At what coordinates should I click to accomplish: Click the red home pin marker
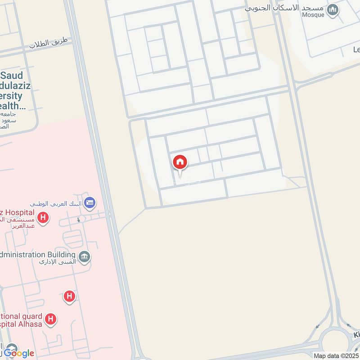180,162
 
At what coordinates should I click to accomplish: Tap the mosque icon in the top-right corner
333,9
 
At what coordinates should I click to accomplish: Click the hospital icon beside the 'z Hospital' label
43,218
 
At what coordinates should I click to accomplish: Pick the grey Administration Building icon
84,257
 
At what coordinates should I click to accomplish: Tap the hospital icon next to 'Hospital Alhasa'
51,319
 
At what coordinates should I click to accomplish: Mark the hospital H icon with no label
69,296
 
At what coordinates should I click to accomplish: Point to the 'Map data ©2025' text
336,356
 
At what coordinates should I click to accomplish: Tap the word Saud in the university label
14,76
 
